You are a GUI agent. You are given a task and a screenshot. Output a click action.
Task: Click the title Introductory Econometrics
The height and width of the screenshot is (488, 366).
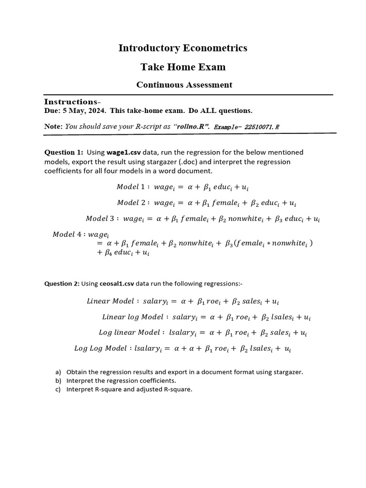pos(183,48)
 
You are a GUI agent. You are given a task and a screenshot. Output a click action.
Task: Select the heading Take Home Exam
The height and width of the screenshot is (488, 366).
pos(183,67)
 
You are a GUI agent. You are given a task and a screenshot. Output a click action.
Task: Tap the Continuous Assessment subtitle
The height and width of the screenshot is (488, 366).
pos(184,85)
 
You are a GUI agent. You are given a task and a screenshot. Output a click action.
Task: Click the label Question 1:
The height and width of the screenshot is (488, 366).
pos(63,152)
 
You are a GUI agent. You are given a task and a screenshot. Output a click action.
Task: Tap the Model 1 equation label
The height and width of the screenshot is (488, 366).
pos(133,187)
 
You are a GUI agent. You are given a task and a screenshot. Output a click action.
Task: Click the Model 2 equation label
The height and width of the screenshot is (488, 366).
pos(133,203)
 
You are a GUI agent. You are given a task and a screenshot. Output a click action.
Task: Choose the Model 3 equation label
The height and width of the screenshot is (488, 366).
pos(102,219)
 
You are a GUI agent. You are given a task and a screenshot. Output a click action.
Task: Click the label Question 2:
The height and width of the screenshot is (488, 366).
pos(62,284)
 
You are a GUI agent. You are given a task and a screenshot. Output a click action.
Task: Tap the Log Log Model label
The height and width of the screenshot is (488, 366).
pos(101,348)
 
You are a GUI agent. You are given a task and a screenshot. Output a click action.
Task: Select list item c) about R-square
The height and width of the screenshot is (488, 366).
pos(129,389)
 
